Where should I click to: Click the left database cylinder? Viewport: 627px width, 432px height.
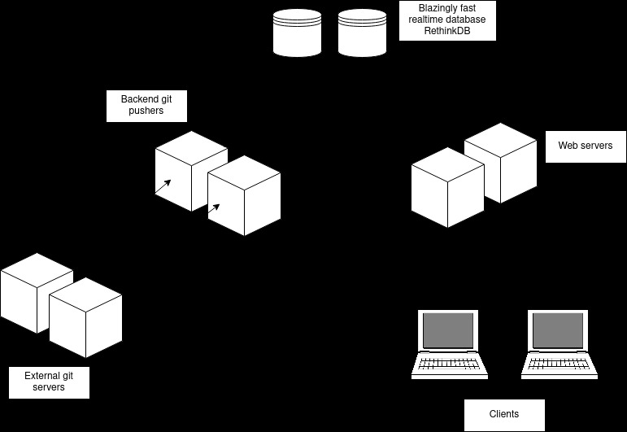(x=297, y=33)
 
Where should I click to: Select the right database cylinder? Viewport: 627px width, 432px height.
(x=362, y=33)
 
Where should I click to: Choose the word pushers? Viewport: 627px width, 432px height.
(x=146, y=111)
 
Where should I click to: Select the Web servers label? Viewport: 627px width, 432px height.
(x=585, y=146)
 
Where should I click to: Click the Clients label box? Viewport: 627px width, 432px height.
(x=503, y=414)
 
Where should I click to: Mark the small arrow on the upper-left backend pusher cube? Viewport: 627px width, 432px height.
(x=163, y=187)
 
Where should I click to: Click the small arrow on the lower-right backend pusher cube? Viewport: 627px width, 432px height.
(x=214, y=210)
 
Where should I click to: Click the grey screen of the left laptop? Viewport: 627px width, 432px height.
(x=448, y=330)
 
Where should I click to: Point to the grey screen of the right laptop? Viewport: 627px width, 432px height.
(x=560, y=330)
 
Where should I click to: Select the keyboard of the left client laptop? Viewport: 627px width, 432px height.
(x=449, y=363)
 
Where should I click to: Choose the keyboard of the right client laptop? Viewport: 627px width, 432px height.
(x=560, y=363)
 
